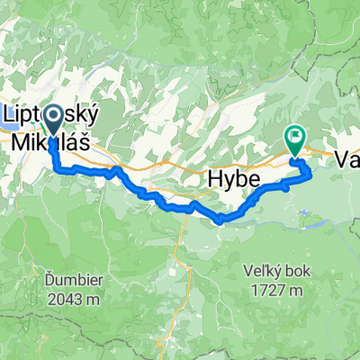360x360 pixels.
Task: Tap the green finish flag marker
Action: point(294,138)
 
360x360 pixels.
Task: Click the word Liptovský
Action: point(51,114)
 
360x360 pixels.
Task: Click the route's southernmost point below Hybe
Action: point(221,219)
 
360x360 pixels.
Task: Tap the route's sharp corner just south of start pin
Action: point(57,167)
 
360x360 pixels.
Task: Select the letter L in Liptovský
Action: point(12,114)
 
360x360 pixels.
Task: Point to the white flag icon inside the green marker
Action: point(294,137)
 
